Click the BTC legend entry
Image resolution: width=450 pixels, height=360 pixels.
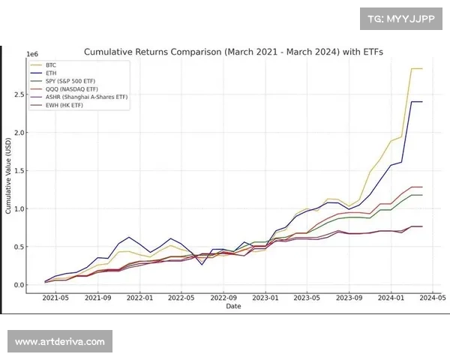[51, 65]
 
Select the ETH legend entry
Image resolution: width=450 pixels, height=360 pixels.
[51, 73]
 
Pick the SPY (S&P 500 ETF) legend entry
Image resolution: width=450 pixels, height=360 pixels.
[72, 80]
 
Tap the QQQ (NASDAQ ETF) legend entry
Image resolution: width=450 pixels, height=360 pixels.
[72, 88]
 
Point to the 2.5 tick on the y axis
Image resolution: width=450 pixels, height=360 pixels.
[19, 94]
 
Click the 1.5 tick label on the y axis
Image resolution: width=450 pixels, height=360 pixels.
[19, 171]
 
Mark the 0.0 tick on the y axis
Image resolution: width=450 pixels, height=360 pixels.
[19, 285]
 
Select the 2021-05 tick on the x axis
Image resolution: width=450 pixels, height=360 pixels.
[55, 298]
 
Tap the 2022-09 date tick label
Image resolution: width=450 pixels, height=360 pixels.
[223, 298]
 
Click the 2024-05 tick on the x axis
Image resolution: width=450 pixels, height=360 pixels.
[433, 298]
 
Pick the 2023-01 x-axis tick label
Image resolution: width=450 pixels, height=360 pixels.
[265, 298]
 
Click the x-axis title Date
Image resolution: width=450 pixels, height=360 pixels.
[234, 306]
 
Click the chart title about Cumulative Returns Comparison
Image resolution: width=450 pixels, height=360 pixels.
[233, 52]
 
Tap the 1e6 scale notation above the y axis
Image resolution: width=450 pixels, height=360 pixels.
[32, 55]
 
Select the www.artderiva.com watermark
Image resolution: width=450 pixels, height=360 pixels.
[60, 342]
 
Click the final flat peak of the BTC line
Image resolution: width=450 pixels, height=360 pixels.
[416, 69]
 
